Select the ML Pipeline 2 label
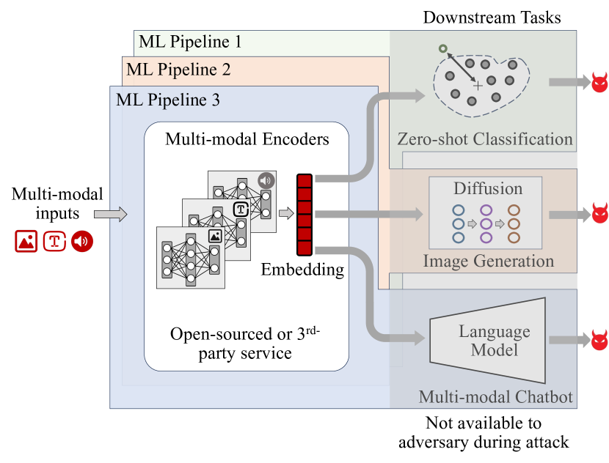click(x=178, y=70)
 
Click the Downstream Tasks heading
click(x=492, y=17)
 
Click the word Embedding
click(x=302, y=270)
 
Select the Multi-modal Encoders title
click(x=247, y=138)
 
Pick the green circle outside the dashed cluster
click(x=442, y=49)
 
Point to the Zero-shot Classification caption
click(x=484, y=139)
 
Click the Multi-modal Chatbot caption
click(x=495, y=398)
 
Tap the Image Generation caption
click(x=488, y=261)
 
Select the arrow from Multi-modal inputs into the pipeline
click(x=111, y=215)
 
